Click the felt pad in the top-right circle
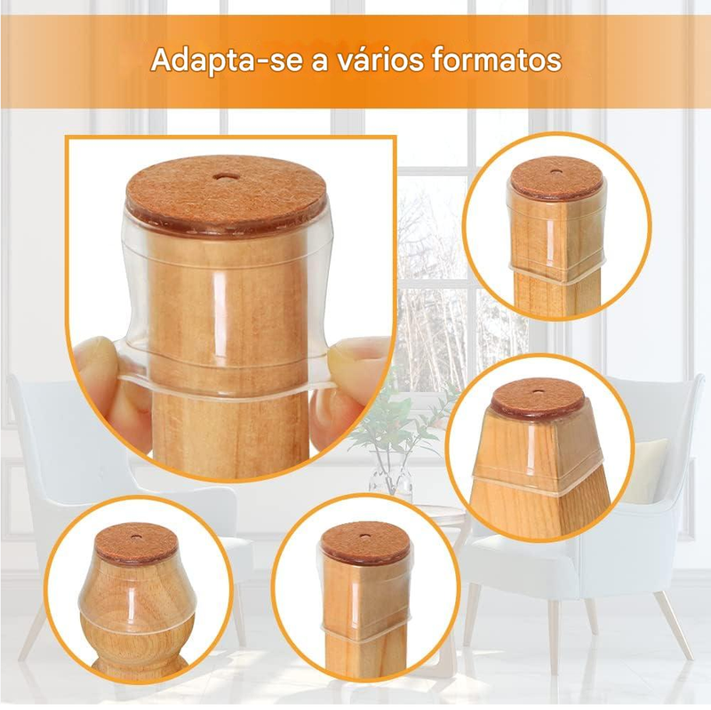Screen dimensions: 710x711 pyautogui.click(x=555, y=179)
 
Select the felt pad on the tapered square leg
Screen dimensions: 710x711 pyautogui.click(x=538, y=398)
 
